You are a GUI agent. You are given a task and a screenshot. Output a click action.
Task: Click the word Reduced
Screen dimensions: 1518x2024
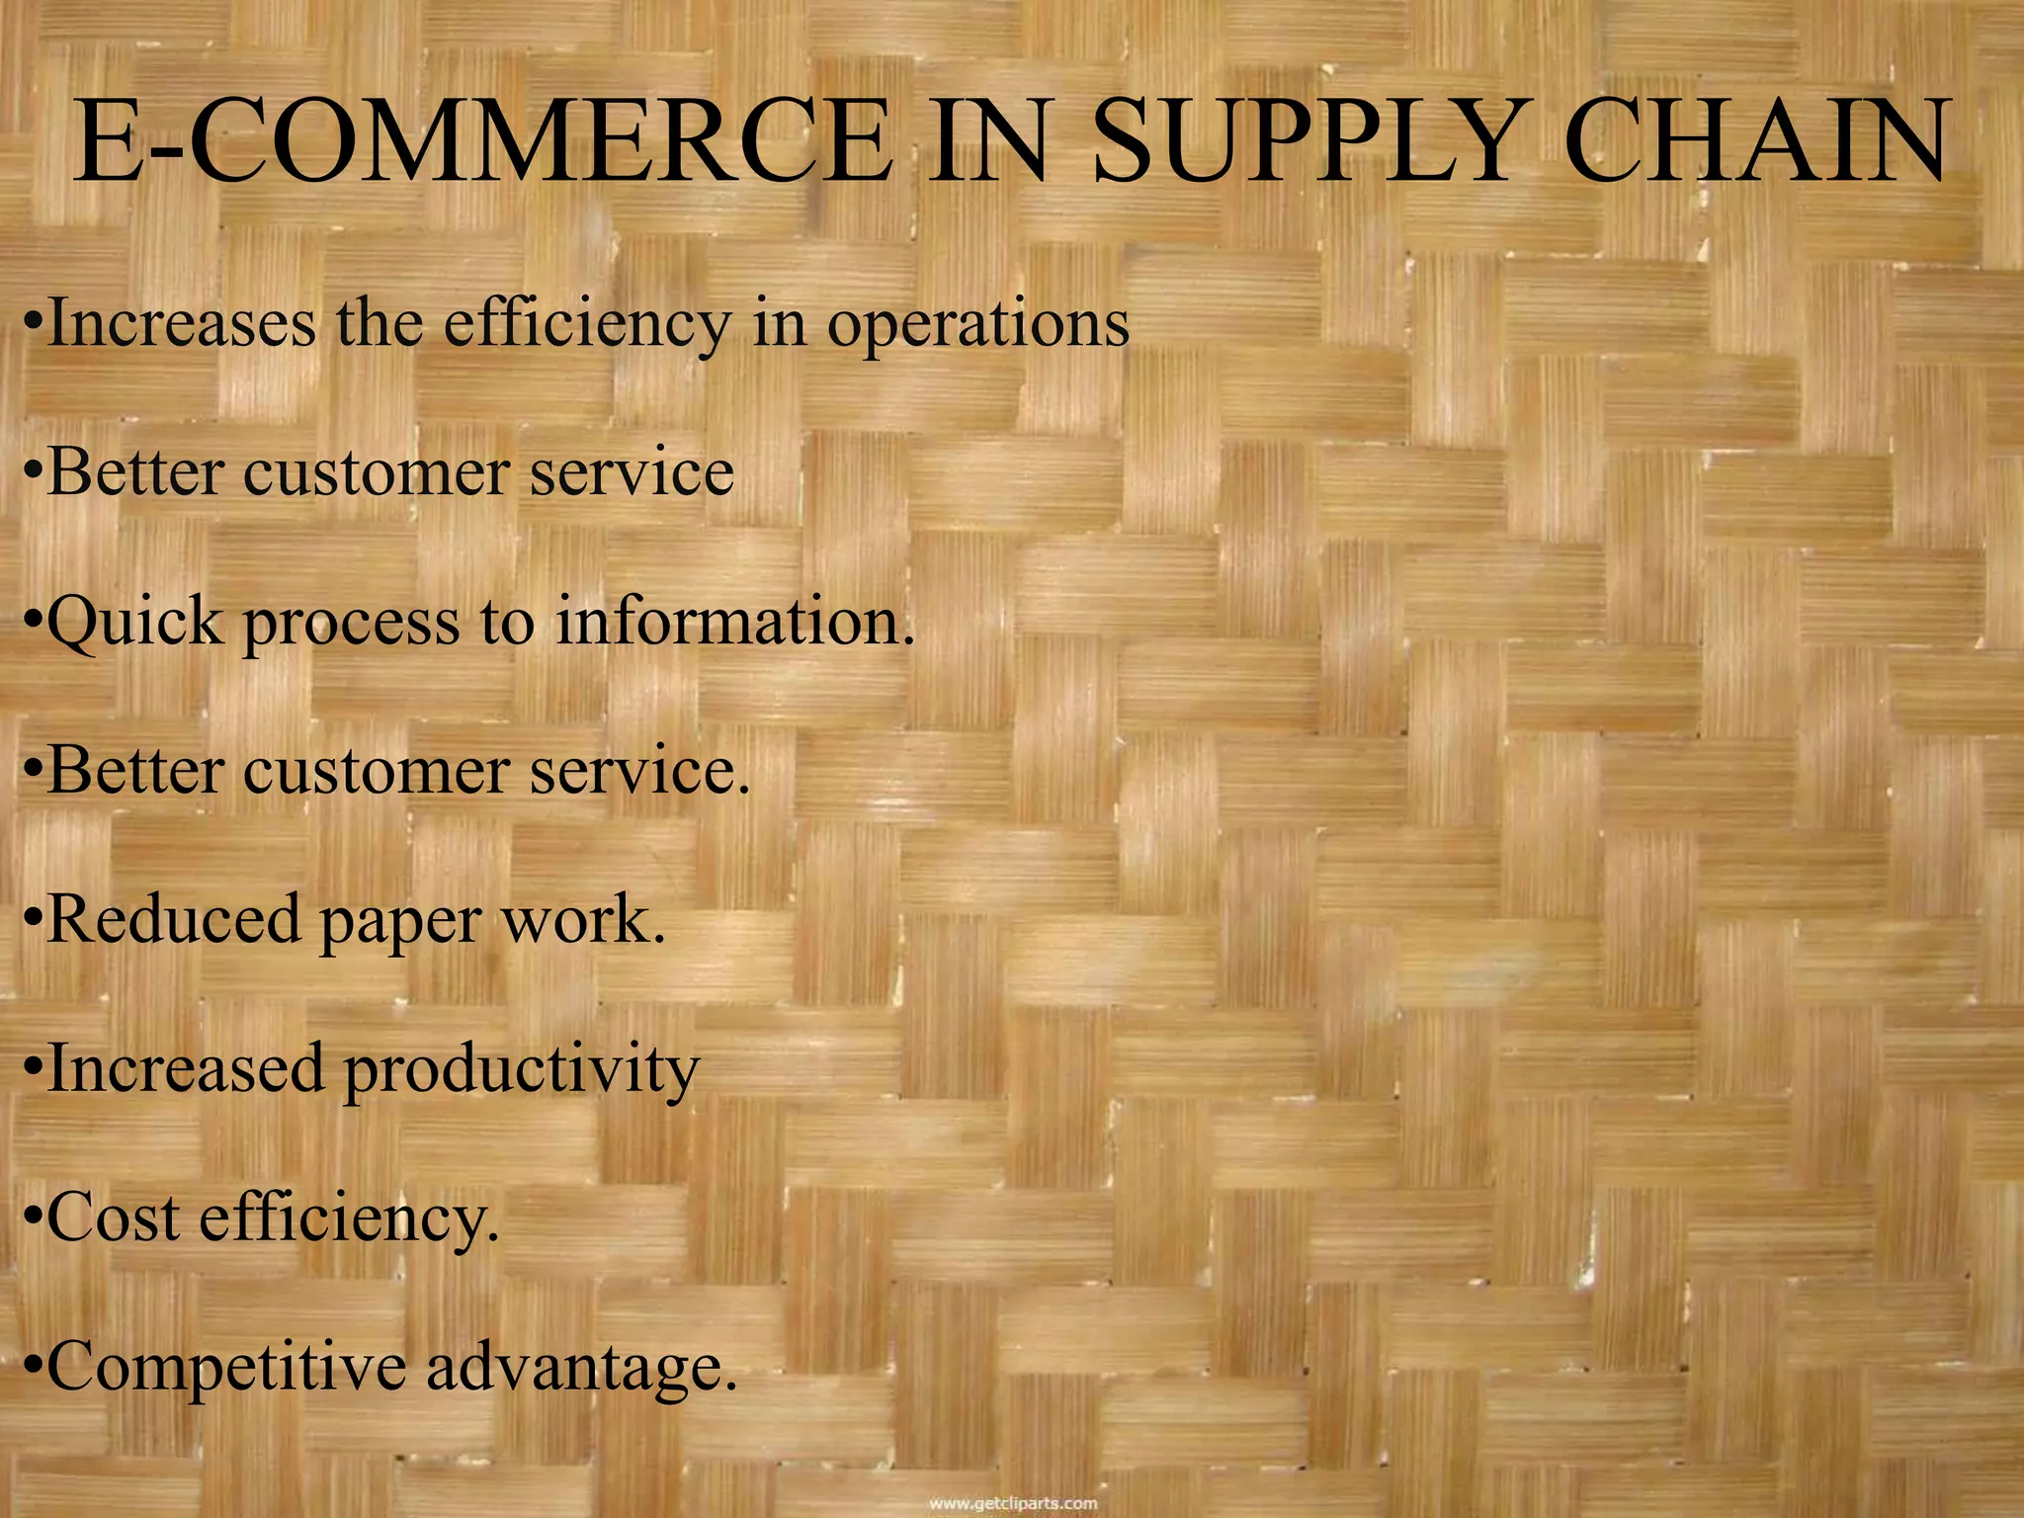tap(173, 919)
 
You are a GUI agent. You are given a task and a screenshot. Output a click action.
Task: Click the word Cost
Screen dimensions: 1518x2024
tap(114, 1217)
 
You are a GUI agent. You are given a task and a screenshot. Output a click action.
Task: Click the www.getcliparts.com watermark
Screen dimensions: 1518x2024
tap(1013, 1503)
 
